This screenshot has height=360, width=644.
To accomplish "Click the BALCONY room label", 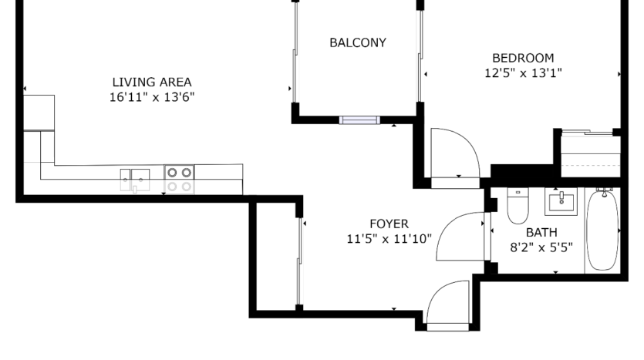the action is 358,42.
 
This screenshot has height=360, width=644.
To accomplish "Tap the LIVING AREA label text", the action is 152,82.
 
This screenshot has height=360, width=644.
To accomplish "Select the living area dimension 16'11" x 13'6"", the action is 152,97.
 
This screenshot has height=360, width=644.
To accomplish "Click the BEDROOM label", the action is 523,58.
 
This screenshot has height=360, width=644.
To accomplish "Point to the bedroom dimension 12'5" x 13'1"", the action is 523,73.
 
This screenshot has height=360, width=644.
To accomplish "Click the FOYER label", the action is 389,224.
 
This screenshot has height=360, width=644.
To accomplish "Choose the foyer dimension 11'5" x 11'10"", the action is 389,239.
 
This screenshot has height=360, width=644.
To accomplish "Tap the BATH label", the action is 541,232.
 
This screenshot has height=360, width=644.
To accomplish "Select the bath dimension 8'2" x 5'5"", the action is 541,247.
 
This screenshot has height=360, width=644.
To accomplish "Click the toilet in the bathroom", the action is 518,206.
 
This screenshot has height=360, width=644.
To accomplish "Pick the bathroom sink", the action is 561,201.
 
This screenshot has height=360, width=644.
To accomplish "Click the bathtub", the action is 602,230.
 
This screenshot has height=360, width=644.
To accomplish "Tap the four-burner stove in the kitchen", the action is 179,180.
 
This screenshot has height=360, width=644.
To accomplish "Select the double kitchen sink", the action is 135,180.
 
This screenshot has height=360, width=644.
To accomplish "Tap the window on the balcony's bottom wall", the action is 359,120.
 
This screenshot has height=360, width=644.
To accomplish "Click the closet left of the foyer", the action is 276,257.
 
